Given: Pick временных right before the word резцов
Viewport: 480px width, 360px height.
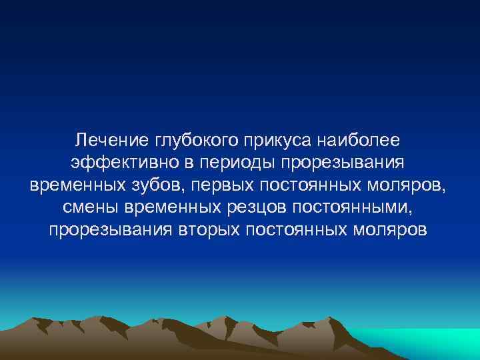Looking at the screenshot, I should click(x=169, y=207).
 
